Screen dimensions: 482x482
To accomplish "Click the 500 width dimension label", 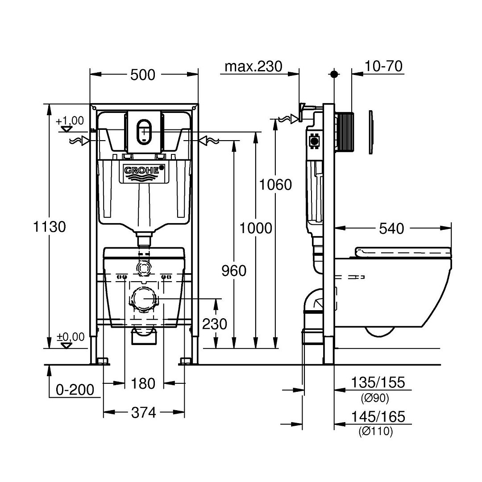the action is tap(143, 75).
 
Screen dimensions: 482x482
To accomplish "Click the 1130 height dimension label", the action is tap(49, 227).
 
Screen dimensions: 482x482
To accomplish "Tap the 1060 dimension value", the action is tap(275, 185).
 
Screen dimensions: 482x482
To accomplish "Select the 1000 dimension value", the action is tap(256, 229).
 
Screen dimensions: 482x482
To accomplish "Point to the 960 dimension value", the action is tap(234, 271).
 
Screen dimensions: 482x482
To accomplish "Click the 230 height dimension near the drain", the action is tap(215, 324).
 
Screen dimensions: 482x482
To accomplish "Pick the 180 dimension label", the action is tap(143, 384).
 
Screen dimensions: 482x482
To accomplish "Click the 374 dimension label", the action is tap(144, 412).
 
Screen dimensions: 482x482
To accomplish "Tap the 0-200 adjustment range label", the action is tap(75, 390).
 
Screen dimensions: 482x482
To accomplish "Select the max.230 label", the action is tap(253, 66).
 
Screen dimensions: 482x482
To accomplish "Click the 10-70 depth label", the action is tap(383, 66).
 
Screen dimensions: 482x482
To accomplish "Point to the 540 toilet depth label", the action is tap(391, 229).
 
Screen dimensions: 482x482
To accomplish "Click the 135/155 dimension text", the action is tap(378, 382).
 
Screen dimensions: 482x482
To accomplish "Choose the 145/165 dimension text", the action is tap(378, 417).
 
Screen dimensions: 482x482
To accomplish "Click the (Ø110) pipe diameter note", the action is tap(376, 432).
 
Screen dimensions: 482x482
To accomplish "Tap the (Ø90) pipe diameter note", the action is tap(375, 398).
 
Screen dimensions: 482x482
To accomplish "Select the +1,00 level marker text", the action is tap(70, 120).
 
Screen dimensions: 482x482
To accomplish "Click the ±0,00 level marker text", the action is tap(71, 337).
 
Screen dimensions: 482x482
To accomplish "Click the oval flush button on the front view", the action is tap(144, 132).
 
